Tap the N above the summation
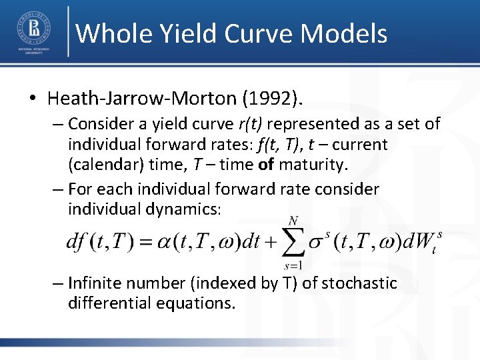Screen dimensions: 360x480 pyautogui.click(x=292, y=221)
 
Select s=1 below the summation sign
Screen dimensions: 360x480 pyautogui.click(x=291, y=264)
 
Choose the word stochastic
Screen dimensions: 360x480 pyautogui.click(x=359, y=283)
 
